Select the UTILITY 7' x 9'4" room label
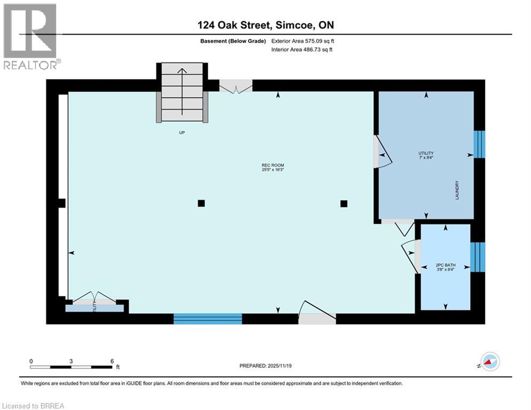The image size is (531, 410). coord(426,155)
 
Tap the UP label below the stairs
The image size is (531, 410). coord(181,132)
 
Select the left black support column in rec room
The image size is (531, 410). coord(201,203)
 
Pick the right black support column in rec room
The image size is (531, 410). coord(344,203)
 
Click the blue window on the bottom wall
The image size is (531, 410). coord(208,319)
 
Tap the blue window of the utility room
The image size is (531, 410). coord(480,144)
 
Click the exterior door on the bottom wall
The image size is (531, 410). coord(317,318)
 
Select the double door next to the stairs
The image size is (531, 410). coord(236,86)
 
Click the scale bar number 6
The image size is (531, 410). coord(112,361)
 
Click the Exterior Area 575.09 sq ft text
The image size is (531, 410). coord(303,41)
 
